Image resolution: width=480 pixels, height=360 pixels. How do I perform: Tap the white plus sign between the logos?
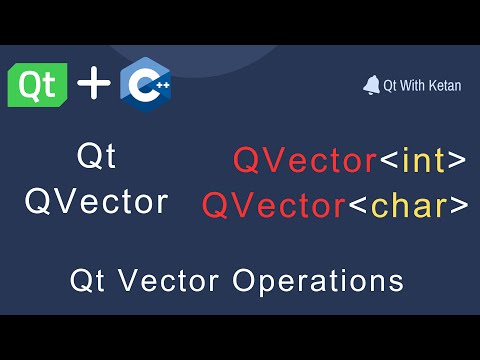coord(94,84)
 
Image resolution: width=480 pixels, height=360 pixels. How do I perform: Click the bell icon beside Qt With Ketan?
coord(371,85)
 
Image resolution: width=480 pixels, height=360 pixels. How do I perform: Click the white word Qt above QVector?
coord(96,158)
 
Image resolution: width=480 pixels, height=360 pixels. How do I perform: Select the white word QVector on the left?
coord(96,201)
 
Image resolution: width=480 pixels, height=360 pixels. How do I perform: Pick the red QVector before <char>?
coord(273,205)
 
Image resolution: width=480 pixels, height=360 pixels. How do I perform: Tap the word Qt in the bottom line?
coord(88,279)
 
